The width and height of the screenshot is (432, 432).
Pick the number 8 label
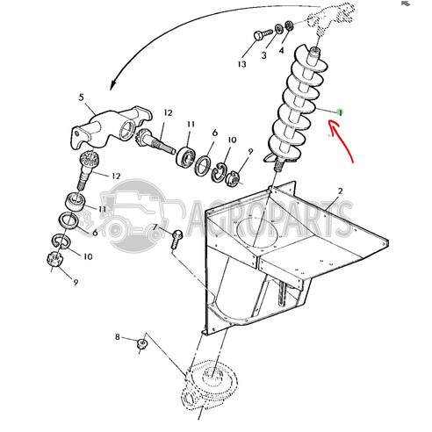pyautogui.click(x=118, y=337)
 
